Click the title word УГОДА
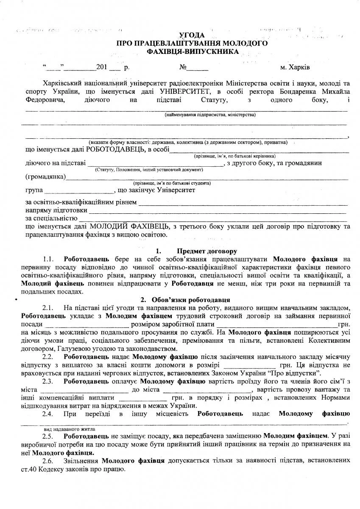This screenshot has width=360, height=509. [x=192, y=35]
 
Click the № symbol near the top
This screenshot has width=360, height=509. [x=184, y=67]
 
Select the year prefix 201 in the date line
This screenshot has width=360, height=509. [x=102, y=67]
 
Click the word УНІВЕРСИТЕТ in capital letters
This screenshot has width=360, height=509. [x=184, y=91]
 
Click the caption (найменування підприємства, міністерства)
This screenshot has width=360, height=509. [x=210, y=115]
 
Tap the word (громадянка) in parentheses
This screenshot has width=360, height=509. [x=45, y=176]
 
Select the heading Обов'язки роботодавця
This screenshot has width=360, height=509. [x=189, y=300]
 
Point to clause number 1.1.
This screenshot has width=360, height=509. [x=48, y=259]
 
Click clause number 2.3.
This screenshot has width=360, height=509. [x=47, y=381]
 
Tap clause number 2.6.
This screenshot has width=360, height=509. [x=47, y=460]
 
